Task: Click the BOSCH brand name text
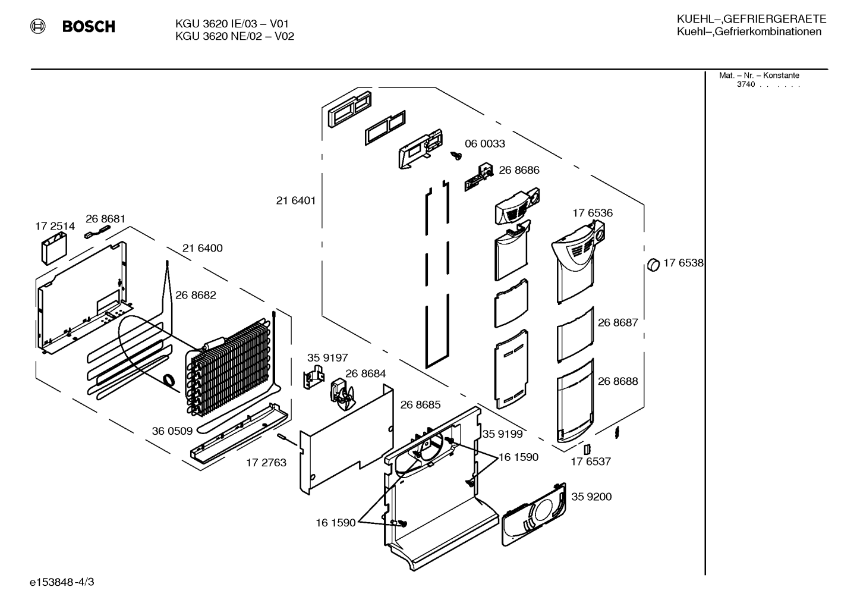tap(89, 26)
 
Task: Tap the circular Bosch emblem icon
tap(38, 26)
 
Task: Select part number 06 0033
tap(485, 143)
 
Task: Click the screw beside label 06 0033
tap(456, 155)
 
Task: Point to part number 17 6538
tap(683, 263)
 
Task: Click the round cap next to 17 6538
tap(654, 265)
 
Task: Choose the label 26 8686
tap(519, 170)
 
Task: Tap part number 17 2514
tap(55, 226)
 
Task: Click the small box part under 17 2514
tap(54, 250)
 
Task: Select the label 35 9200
tap(591, 497)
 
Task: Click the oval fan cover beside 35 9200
tap(533, 515)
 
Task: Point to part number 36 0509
tap(172, 431)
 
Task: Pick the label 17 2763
tap(266, 463)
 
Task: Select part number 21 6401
tap(296, 200)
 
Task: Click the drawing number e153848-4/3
tap(62, 582)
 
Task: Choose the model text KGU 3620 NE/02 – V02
tap(235, 36)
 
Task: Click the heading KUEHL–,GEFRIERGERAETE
tap(752, 19)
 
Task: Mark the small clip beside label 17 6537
tap(587, 449)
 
